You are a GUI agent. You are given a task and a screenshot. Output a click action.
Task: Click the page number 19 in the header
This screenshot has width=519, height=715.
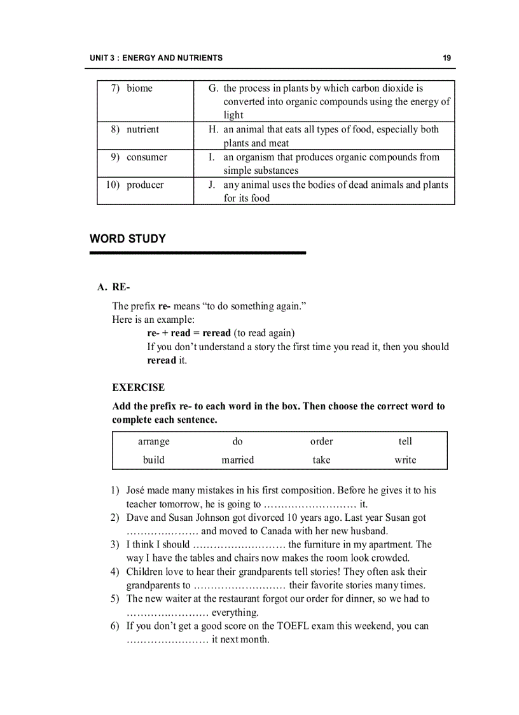[x=447, y=58]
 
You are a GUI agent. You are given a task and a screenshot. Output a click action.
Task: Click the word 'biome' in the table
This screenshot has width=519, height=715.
[x=139, y=88]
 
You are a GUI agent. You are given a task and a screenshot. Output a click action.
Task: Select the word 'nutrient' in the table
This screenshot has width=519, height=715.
[x=142, y=129]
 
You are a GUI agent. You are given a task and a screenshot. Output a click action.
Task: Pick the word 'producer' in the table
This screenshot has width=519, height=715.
[x=145, y=185]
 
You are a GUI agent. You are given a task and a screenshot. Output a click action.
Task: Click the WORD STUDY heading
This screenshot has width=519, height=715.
[x=128, y=239]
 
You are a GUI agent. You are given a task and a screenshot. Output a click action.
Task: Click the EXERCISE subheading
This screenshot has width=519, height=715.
[x=138, y=387]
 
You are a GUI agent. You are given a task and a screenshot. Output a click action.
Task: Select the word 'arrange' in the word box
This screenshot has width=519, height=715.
[x=154, y=441]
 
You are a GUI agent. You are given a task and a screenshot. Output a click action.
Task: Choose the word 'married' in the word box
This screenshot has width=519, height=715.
[x=237, y=460]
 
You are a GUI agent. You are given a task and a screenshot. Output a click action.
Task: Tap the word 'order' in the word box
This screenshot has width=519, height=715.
[x=321, y=441]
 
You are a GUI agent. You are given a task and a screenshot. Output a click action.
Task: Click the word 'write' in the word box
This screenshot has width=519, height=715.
[x=405, y=460]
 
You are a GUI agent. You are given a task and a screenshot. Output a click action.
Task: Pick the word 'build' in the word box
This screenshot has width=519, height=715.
[x=154, y=460]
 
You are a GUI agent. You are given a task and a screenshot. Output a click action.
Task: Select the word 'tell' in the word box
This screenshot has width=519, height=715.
[x=405, y=441]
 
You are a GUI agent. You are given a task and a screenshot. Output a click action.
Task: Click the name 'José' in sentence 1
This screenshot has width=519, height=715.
[x=137, y=490]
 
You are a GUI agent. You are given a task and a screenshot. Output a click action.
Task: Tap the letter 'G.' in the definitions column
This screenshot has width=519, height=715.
[x=213, y=88]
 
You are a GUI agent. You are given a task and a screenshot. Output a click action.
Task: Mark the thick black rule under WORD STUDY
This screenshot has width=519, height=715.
[x=198, y=253]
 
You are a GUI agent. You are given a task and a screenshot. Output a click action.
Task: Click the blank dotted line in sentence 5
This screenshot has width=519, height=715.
[x=167, y=613]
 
